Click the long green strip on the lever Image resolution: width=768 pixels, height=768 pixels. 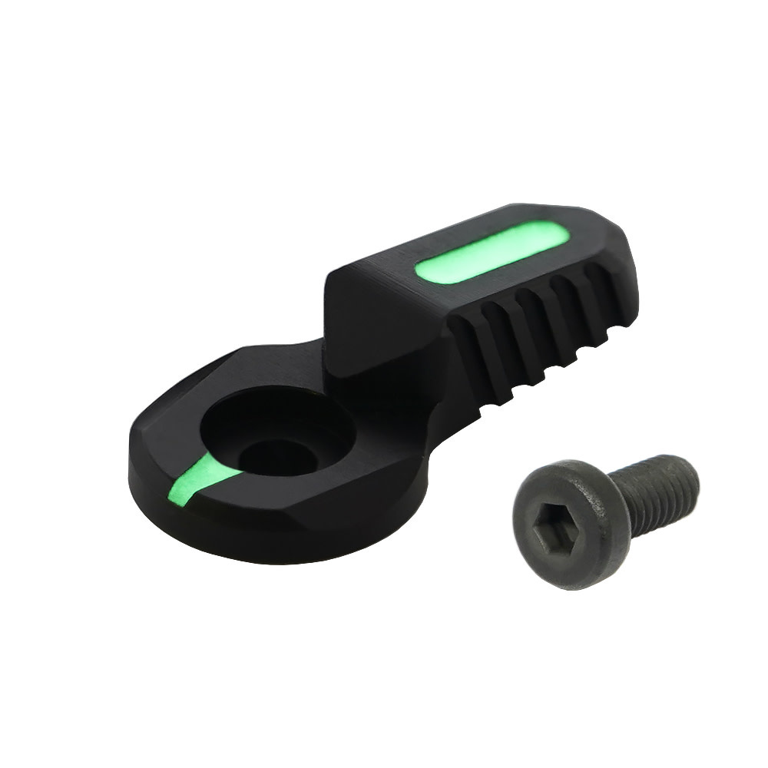490,251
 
